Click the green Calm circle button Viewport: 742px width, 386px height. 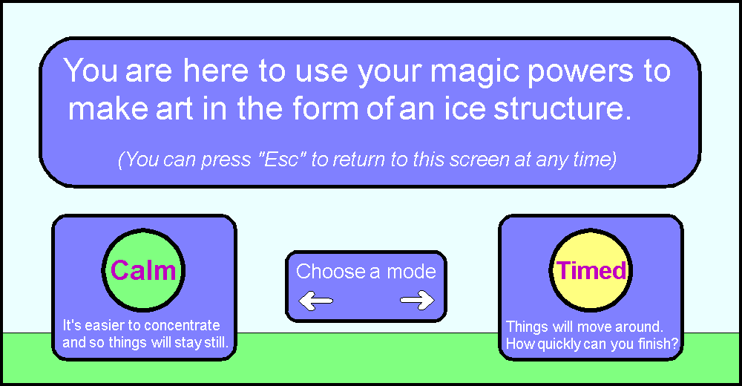click(x=143, y=270)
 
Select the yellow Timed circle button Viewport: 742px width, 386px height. click(x=591, y=270)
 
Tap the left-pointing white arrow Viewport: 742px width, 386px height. click(x=315, y=301)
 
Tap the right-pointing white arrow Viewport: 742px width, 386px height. click(x=417, y=300)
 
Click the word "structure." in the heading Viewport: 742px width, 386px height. click(x=562, y=109)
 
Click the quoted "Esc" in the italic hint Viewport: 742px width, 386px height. click(x=281, y=159)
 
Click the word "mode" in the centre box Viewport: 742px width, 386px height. click(x=411, y=272)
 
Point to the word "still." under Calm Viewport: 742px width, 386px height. click(x=216, y=342)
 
